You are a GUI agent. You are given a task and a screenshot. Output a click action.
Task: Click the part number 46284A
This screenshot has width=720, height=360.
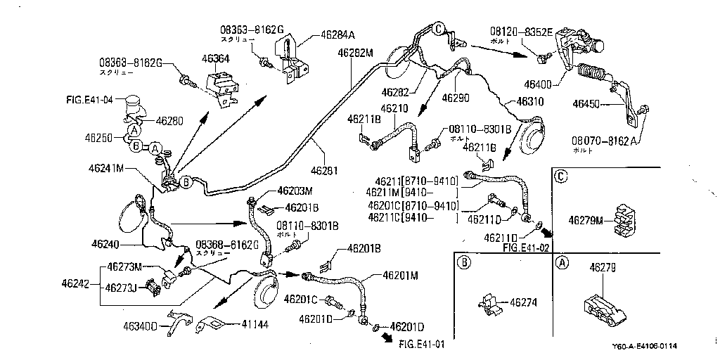pos(338,34)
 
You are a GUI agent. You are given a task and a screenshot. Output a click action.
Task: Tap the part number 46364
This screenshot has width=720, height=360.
pos(217,59)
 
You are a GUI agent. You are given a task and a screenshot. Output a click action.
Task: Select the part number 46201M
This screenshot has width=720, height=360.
pos(401,275)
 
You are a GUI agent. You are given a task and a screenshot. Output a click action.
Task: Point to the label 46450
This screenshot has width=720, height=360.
pos(589,104)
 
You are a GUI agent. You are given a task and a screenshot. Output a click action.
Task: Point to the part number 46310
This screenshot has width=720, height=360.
pos(530,101)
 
